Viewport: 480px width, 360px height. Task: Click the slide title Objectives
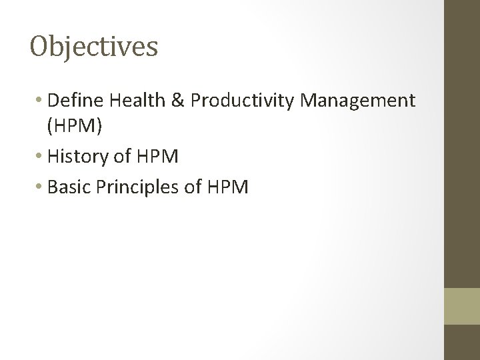[x=94, y=47]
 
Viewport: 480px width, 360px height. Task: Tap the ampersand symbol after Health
[x=178, y=101]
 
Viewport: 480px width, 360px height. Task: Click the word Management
[x=358, y=101]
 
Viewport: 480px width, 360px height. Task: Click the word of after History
[x=122, y=157]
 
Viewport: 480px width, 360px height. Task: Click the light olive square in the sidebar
[x=462, y=306]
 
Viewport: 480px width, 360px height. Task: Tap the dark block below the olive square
[x=462, y=343]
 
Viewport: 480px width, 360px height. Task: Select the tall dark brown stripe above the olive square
[x=462, y=143]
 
